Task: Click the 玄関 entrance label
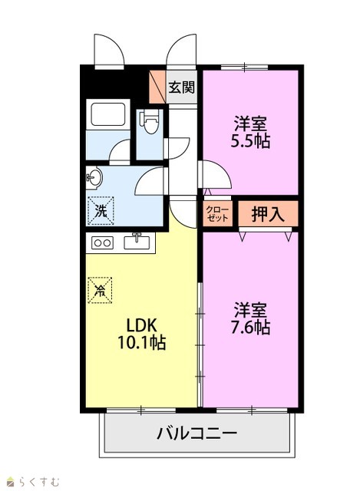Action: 181,87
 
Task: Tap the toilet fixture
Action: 150,121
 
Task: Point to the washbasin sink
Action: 94,178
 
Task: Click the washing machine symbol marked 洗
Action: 101,211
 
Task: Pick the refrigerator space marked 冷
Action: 100,290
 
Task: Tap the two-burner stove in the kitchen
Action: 102,242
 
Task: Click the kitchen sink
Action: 137,242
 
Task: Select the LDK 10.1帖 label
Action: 141,334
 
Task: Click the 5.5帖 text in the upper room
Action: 250,141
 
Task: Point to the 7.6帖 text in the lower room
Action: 250,328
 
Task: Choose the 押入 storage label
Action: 268,215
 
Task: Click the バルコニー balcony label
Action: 197,433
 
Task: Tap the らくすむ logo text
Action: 38,482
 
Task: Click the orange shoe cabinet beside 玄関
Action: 157,87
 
